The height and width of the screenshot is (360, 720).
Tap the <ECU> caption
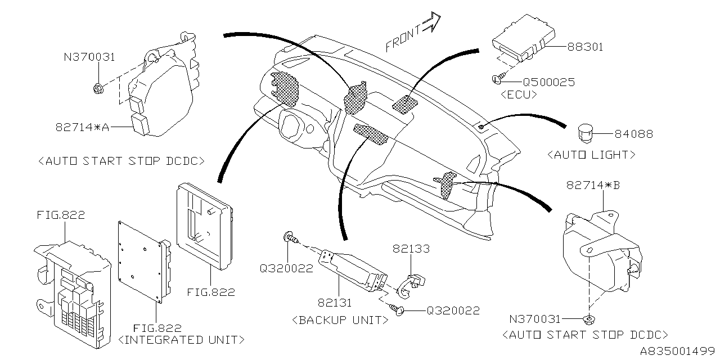coord(517,95)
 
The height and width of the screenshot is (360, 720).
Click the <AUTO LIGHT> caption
coord(592,154)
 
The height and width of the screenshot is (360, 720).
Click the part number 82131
coord(334,303)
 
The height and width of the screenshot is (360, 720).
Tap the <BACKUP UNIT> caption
coord(340,320)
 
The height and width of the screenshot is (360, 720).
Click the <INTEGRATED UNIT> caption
coord(182,340)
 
